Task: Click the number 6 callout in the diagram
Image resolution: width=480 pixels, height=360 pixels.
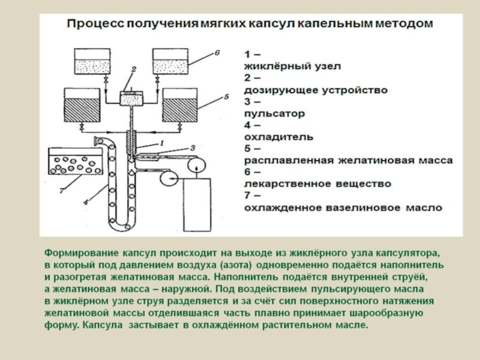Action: tap(218, 53)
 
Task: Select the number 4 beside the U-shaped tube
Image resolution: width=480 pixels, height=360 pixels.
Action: tap(86, 202)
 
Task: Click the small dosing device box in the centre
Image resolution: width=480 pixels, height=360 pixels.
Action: tap(130, 98)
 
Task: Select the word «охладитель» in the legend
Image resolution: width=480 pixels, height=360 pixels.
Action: tap(278, 137)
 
